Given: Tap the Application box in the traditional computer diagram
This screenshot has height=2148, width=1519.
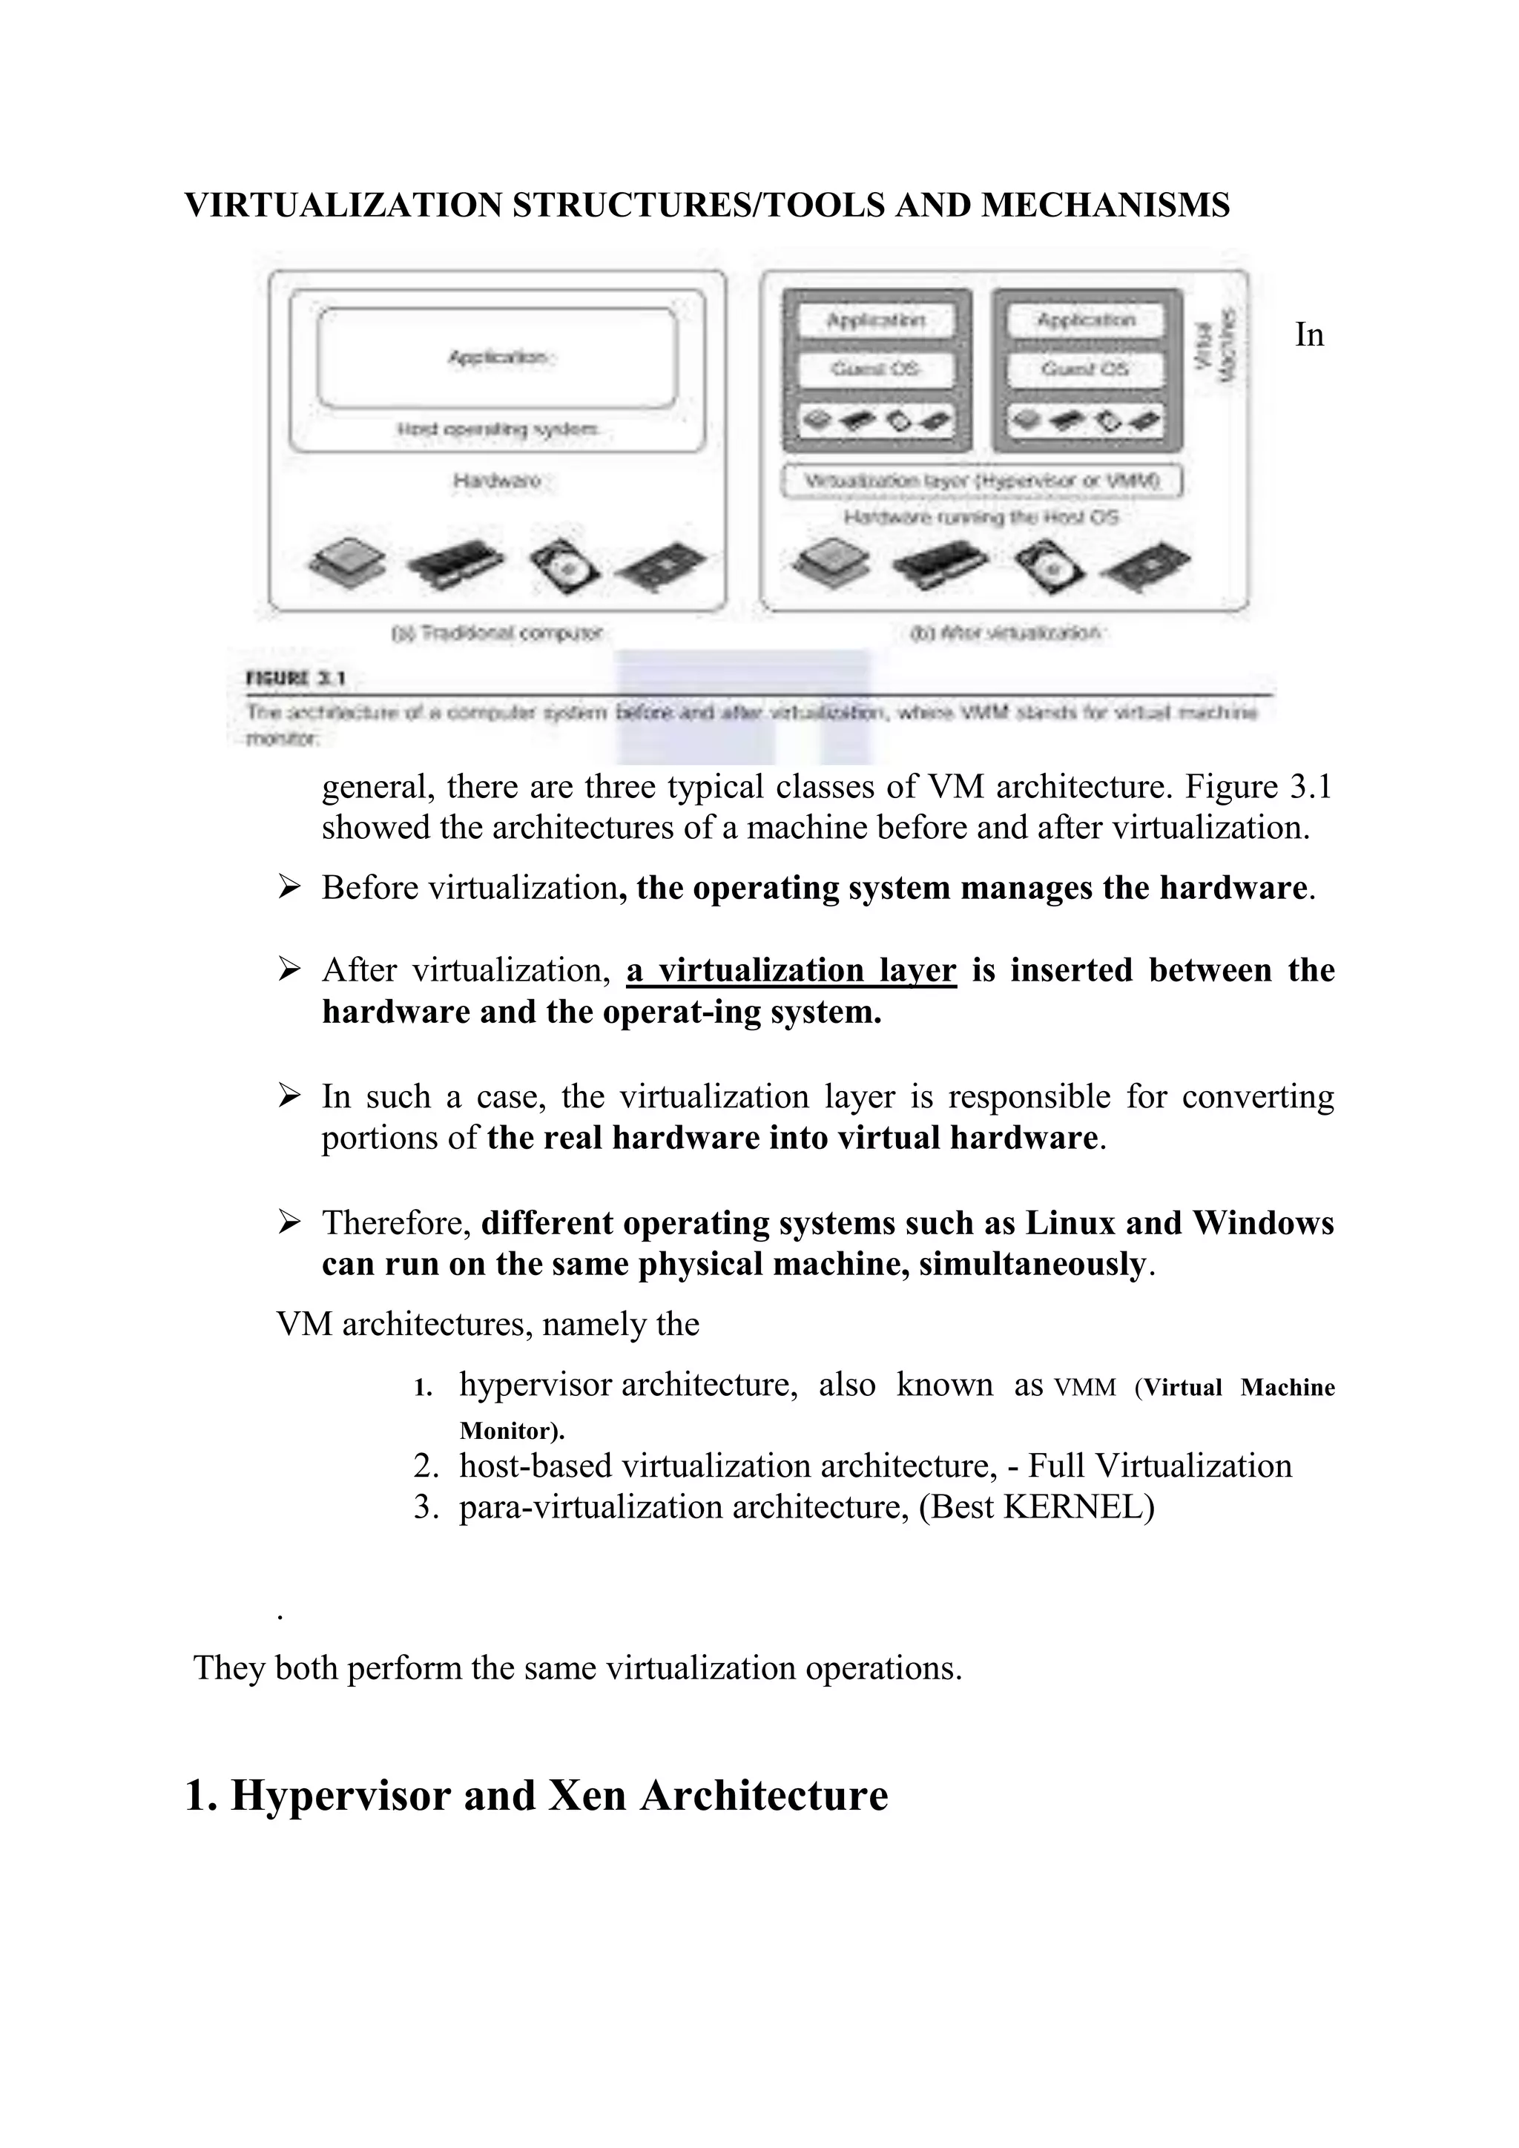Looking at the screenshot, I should [x=497, y=358].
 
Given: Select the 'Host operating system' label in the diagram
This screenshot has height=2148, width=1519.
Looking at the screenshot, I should [x=498, y=429].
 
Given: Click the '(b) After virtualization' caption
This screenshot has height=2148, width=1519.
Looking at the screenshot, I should [x=1006, y=633].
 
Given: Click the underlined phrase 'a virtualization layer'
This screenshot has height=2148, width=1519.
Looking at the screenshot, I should [x=791, y=970].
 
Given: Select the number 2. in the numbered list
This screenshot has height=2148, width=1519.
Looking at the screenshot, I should [x=426, y=1466].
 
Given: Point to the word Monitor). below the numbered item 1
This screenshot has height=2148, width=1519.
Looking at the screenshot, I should [x=512, y=1431].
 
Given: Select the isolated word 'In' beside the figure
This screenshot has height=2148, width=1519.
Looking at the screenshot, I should [x=1308, y=334].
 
